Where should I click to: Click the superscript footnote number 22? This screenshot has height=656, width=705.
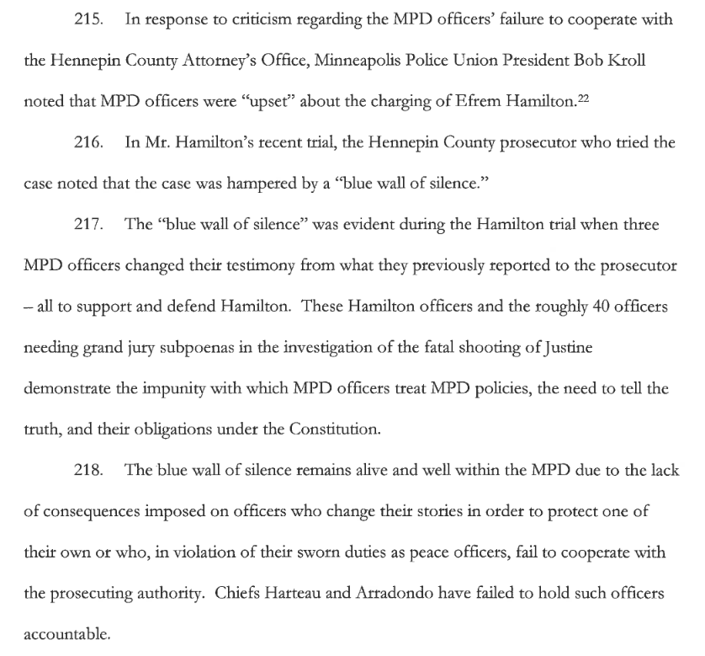(583, 98)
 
